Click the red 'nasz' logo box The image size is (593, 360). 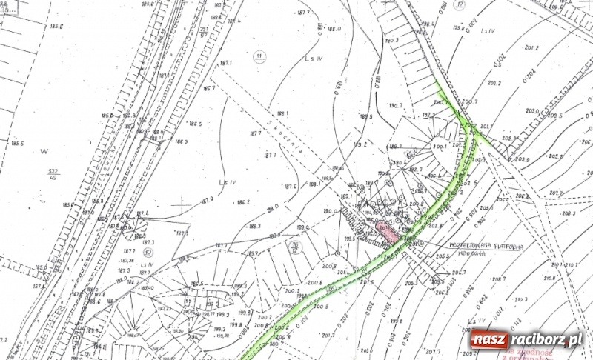[x=489, y=340]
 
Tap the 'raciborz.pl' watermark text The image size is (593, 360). [x=545, y=340]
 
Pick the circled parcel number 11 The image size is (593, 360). [x=259, y=56]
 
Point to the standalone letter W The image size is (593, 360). [x=44, y=151]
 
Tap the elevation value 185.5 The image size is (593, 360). [x=18, y=144]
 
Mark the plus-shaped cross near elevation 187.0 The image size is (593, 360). [x=182, y=201]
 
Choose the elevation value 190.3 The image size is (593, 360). [x=392, y=40]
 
